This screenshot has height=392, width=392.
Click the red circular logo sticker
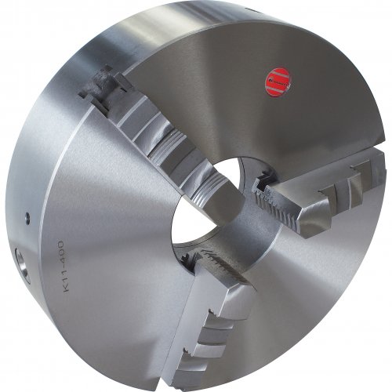coord(278,82)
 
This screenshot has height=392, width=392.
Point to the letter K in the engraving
coord(66,288)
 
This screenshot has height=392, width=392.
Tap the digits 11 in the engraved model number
coord(64,275)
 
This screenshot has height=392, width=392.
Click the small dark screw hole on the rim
coord(27,218)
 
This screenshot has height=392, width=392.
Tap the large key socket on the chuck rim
coord(22,265)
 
